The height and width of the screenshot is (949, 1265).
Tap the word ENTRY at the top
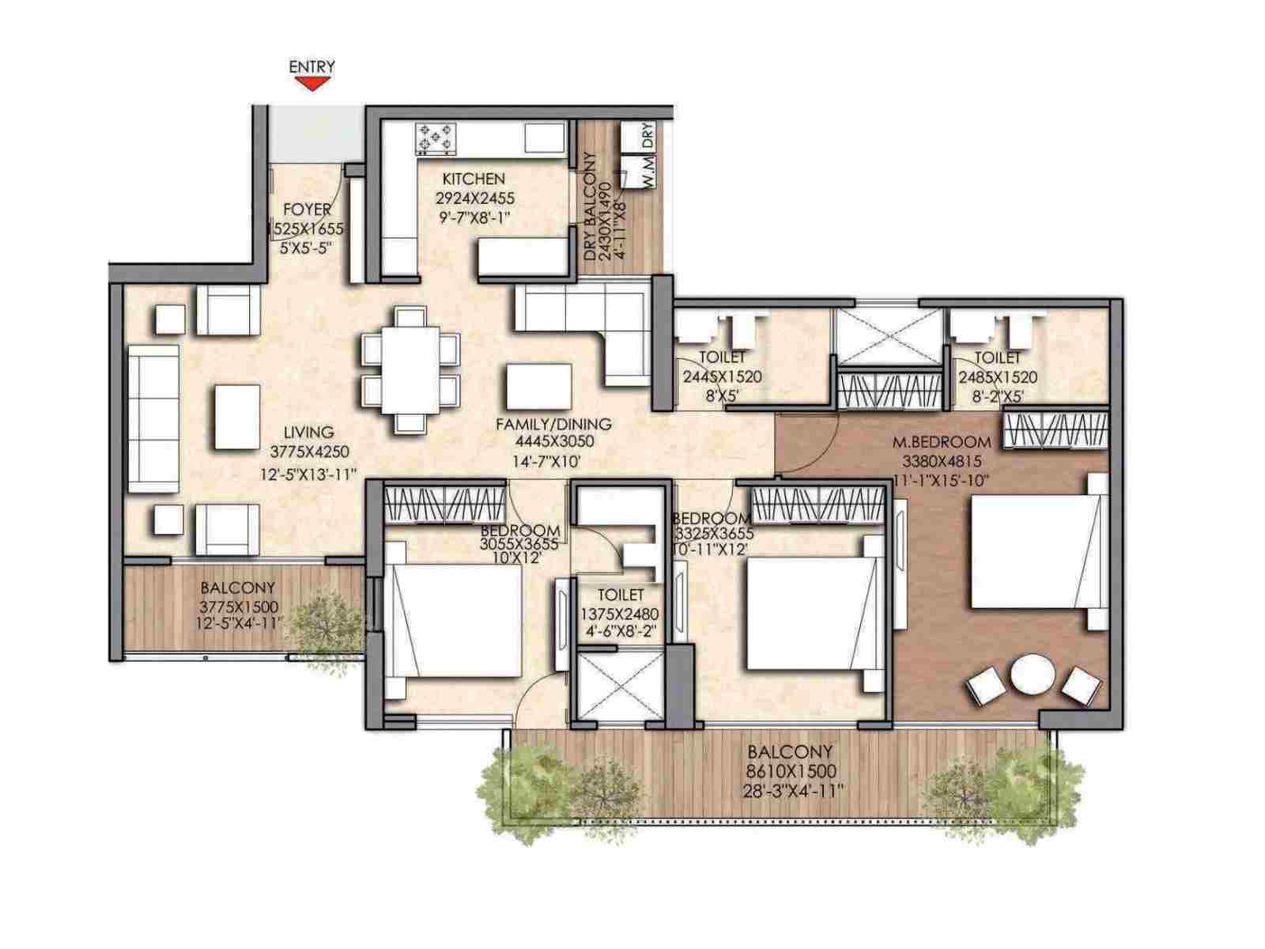(x=312, y=66)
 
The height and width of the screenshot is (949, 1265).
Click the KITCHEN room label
(x=473, y=179)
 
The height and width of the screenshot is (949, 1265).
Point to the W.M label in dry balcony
(x=648, y=181)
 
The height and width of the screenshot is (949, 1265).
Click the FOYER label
(x=307, y=210)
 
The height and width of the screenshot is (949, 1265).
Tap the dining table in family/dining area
(x=411, y=370)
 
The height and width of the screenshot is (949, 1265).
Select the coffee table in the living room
(x=237, y=417)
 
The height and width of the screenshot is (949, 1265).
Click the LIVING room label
(x=309, y=432)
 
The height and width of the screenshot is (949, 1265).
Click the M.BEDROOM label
(x=941, y=441)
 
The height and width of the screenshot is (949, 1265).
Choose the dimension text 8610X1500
(x=791, y=770)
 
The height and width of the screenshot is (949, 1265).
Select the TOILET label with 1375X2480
(x=620, y=595)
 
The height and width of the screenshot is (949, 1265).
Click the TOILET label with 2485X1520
(x=997, y=358)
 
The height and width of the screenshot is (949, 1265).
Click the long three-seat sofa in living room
(x=153, y=419)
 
